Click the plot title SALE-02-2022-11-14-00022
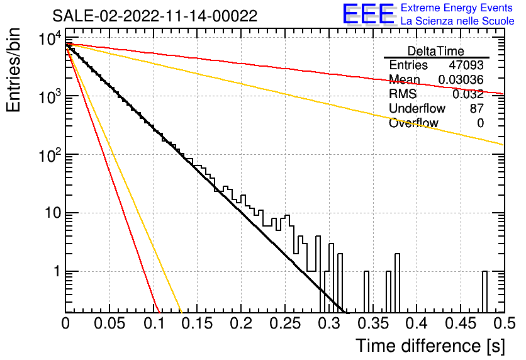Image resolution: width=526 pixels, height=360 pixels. pyautogui.click(x=155, y=16)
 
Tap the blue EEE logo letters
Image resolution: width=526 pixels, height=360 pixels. pyautogui.click(x=369, y=14)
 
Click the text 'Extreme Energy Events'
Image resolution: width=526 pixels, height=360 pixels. pyautogui.click(x=457, y=8)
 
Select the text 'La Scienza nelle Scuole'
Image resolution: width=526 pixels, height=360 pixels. pyautogui.click(x=457, y=21)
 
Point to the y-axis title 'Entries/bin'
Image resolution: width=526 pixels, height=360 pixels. pyautogui.click(x=13, y=70)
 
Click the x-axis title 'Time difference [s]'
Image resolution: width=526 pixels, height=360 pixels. pyautogui.click(x=430, y=346)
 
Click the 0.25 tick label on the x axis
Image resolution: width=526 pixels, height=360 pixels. pyautogui.click(x=285, y=323)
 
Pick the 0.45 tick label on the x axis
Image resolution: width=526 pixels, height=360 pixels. pyautogui.click(x=461, y=323)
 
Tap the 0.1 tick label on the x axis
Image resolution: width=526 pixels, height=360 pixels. pyautogui.click(x=154, y=323)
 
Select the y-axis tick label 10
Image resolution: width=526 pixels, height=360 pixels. pyautogui.click(x=52, y=213)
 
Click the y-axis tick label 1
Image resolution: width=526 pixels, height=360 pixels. pyautogui.click(x=57, y=271)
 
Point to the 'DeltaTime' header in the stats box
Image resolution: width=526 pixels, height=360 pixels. pyautogui.click(x=436, y=51)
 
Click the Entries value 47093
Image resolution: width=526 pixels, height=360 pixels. pyautogui.click(x=466, y=65)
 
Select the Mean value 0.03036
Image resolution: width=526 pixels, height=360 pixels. pyautogui.click(x=461, y=80)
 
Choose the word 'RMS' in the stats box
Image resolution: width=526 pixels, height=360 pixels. pyautogui.click(x=403, y=94)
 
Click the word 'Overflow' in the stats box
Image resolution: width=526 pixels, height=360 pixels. pyautogui.click(x=413, y=123)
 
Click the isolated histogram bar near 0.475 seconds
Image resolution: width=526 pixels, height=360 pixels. pyautogui.click(x=484, y=292)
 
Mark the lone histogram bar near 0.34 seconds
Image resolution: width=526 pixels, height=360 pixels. pyautogui.click(x=366, y=292)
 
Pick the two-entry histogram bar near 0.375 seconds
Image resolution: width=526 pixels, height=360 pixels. pyautogui.click(x=397, y=283)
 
